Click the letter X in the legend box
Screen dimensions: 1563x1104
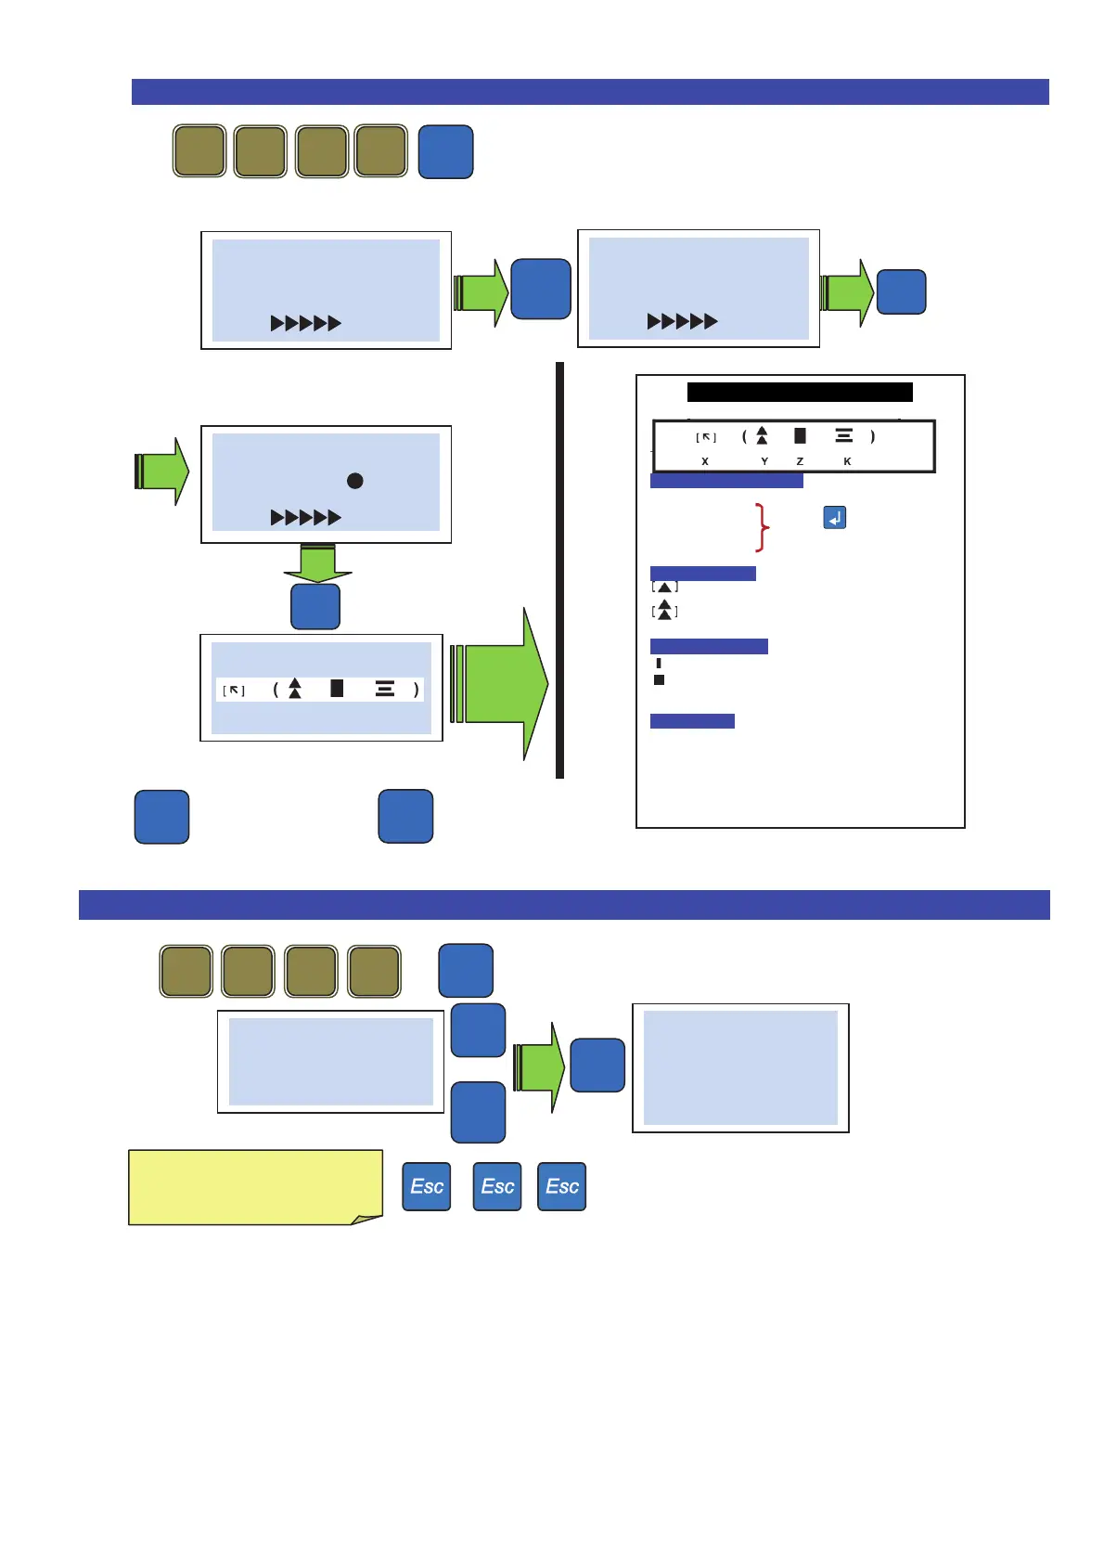(705, 461)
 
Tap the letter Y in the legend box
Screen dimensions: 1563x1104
(764, 461)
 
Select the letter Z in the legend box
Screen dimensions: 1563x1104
(800, 461)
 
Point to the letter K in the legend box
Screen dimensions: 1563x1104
(847, 461)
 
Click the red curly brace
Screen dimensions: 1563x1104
(763, 528)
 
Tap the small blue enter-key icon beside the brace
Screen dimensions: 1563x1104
(835, 518)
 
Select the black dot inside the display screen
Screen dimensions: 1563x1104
(354, 481)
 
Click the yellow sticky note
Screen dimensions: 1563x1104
(255, 1187)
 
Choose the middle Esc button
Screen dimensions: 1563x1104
(497, 1186)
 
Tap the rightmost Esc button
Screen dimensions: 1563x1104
(562, 1186)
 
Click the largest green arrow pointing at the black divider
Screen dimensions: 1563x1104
(501, 684)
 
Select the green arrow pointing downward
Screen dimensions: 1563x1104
(317, 562)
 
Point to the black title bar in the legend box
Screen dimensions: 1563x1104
(800, 392)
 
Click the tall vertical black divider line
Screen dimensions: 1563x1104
(559, 571)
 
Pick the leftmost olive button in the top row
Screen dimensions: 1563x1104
(199, 150)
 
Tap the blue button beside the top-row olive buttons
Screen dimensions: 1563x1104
(446, 151)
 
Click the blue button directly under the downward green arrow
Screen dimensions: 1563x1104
(315, 606)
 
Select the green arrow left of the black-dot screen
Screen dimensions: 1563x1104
(161, 471)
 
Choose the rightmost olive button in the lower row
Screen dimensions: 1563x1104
(374, 971)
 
